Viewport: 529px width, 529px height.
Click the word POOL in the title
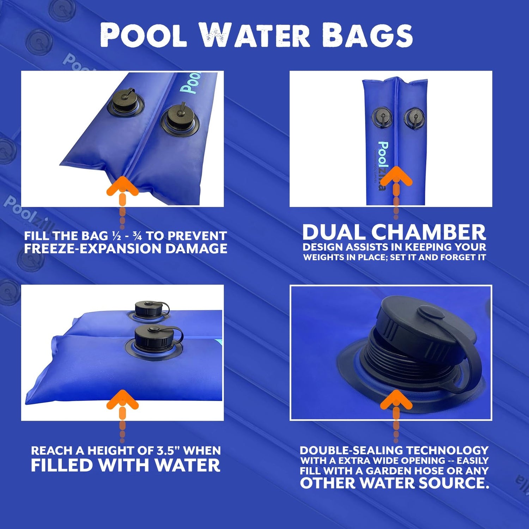tap(144, 35)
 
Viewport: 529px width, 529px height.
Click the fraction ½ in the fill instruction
tap(116, 236)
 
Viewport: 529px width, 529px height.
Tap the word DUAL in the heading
tap(334, 232)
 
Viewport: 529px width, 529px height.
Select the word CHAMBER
tap(429, 232)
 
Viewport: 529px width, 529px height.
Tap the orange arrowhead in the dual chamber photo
tap(396, 176)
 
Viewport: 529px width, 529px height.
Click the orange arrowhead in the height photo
tap(122, 400)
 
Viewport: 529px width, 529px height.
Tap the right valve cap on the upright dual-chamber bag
tap(414, 118)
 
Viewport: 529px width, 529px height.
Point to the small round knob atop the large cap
tap(431, 312)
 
